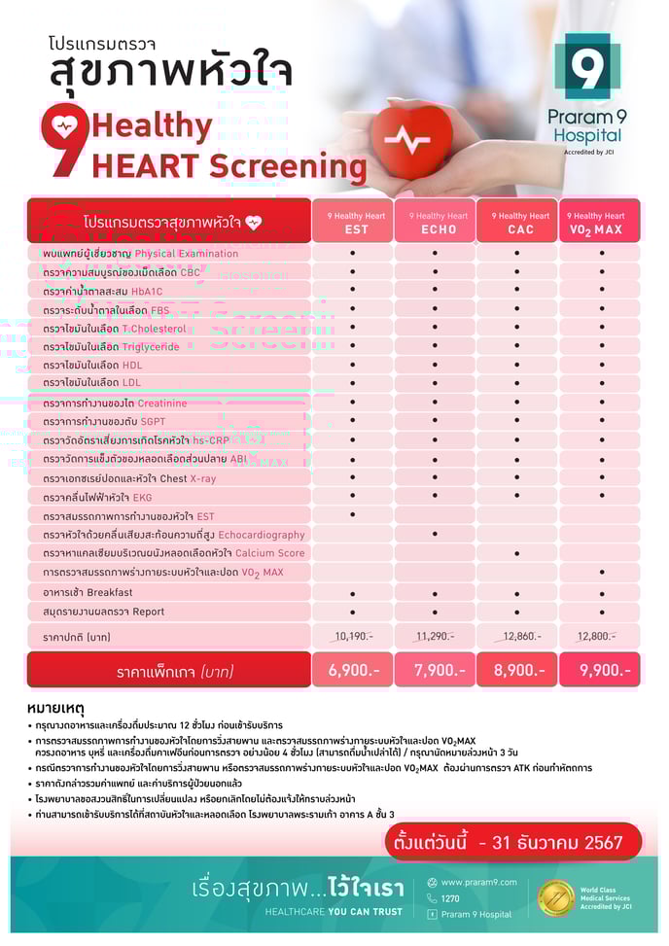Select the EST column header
[351, 223]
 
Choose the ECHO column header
[435, 223]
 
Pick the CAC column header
[517, 223]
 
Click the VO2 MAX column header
[600, 223]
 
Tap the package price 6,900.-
[351, 670]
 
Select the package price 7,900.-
[435, 670]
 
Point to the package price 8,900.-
[517, 670]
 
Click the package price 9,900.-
[600, 670]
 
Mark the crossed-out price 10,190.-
[352, 636]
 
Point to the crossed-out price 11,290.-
[435, 636]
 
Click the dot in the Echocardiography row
[435, 534]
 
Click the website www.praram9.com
[478, 882]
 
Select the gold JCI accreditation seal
[556, 897]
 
